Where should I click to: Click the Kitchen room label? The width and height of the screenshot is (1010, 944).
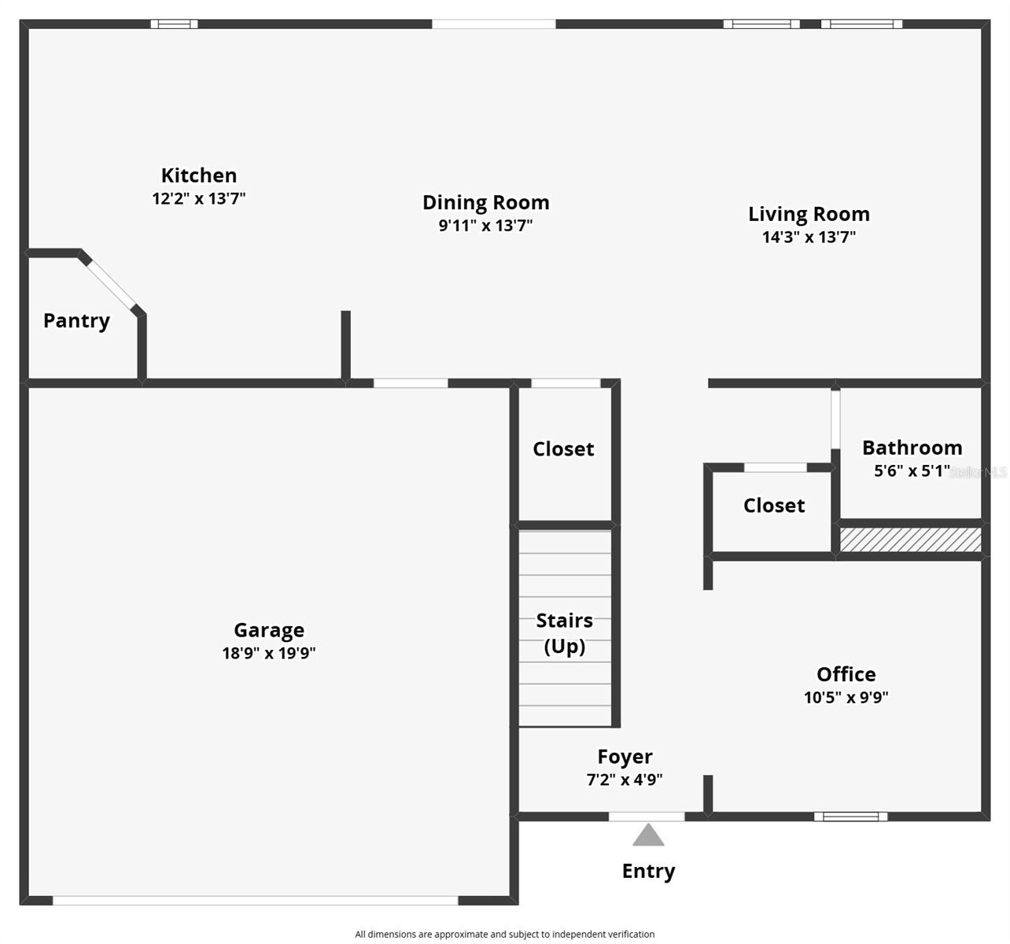[x=199, y=175]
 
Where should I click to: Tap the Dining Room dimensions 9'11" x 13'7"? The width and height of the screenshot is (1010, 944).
[x=485, y=226]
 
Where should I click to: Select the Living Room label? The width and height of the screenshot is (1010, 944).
[x=809, y=214]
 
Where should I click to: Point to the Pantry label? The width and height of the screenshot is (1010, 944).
[x=76, y=321]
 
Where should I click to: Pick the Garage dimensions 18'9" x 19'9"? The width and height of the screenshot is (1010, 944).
[x=269, y=653]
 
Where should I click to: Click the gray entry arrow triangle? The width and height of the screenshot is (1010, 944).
[x=648, y=835]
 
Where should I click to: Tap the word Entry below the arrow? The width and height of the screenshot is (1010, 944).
[x=648, y=872]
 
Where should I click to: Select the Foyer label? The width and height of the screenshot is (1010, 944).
[x=625, y=757]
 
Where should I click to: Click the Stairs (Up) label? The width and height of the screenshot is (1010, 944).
[x=564, y=633]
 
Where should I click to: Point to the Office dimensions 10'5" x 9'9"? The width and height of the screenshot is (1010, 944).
[x=846, y=697]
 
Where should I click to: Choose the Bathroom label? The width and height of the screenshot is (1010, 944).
[x=912, y=448]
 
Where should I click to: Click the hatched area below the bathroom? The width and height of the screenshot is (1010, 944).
[x=910, y=540]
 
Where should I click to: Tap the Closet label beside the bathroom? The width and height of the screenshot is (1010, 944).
[x=774, y=506]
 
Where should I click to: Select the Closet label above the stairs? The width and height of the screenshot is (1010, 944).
[x=563, y=449]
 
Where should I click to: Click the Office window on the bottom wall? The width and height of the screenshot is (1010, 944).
[x=850, y=817]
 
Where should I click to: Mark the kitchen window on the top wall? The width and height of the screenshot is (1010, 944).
[x=174, y=24]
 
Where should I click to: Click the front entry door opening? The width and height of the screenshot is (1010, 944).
[x=647, y=817]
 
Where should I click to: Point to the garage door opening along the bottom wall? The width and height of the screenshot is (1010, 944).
[x=255, y=901]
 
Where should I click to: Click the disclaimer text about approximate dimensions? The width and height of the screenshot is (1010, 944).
[x=504, y=935]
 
